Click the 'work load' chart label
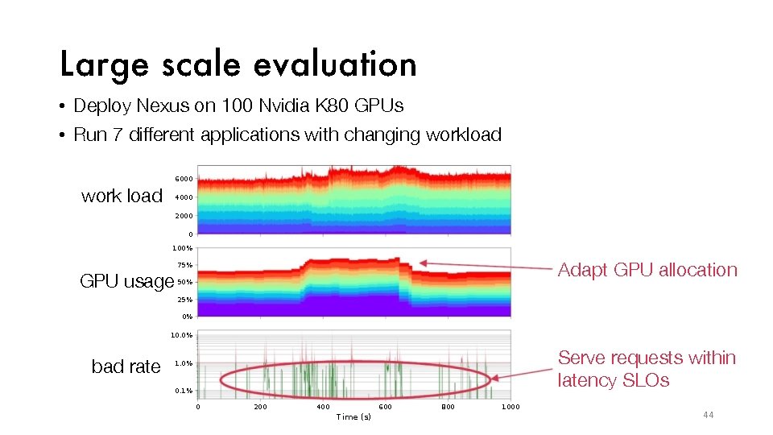pyautogui.click(x=122, y=196)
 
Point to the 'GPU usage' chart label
pyautogui.click(x=126, y=281)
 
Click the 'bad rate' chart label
pyautogui.click(x=126, y=367)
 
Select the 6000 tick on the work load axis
pyautogui.click(x=184, y=179)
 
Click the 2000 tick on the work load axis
pyautogui.click(x=184, y=216)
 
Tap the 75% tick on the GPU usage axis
pyautogui.click(x=184, y=265)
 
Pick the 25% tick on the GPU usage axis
pyautogui.click(x=184, y=300)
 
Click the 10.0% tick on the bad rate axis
pyautogui.click(x=181, y=334)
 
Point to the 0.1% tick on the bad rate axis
pyautogui.click(x=184, y=391)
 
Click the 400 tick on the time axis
pyautogui.click(x=323, y=407)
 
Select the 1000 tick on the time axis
pyautogui.click(x=511, y=407)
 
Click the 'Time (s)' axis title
pyautogui.click(x=353, y=416)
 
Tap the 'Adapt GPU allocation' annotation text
pyautogui.click(x=647, y=270)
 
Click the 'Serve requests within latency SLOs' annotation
pyautogui.click(x=647, y=369)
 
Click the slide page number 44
pyautogui.click(x=708, y=415)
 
